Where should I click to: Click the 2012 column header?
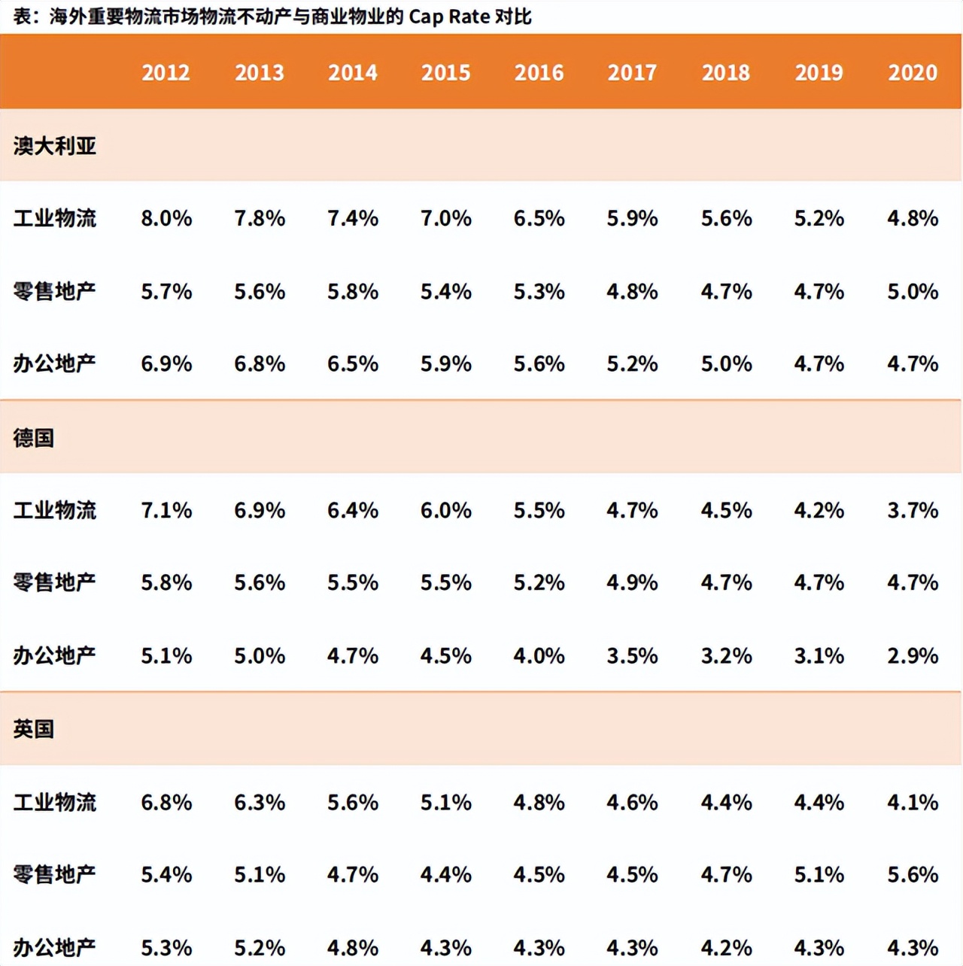[166, 72]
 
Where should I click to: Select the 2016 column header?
[539, 72]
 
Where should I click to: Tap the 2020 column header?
[913, 72]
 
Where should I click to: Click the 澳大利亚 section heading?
[55, 145]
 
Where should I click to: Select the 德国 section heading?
[34, 437]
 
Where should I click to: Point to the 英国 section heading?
[34, 728]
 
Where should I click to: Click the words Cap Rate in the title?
[449, 17]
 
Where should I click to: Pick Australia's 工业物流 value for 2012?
[166, 218]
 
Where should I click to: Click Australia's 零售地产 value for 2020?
[913, 291]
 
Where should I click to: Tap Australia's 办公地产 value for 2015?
[446, 363]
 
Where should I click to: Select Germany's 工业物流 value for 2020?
[913, 510]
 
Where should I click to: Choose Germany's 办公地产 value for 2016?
[539, 655]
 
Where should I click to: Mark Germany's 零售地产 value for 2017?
[632, 582]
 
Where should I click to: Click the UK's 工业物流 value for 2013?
[260, 802]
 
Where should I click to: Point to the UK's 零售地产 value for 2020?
[913, 874]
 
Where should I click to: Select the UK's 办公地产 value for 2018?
[726, 947]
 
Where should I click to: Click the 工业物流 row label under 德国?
[55, 510]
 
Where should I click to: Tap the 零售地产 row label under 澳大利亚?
[55, 291]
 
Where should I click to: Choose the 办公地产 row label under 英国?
[55, 947]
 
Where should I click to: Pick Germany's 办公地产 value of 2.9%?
[913, 655]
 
